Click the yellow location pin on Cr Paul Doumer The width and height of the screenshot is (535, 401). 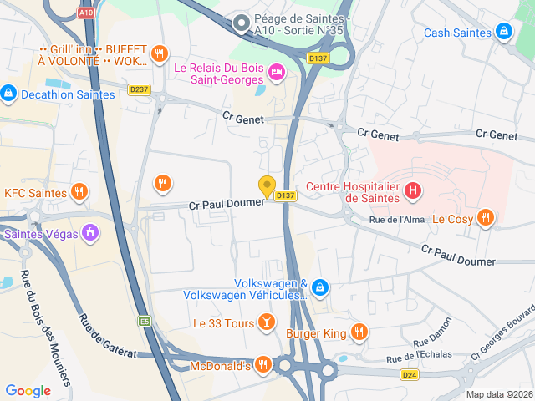pos(267,187)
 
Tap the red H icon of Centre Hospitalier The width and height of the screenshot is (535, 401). pos(412,191)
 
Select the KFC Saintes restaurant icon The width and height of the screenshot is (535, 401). pos(79,192)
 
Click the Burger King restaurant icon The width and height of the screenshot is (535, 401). pos(359,332)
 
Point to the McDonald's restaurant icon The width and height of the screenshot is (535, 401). pos(263,364)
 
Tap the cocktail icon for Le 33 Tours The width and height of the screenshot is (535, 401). pos(265,322)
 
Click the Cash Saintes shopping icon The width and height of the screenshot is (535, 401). pos(503,33)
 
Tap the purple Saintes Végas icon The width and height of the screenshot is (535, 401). pos(92,233)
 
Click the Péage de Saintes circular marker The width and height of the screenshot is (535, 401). pos(242,23)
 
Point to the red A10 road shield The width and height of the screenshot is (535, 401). pos(85,13)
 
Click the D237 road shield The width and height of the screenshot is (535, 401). pos(139,89)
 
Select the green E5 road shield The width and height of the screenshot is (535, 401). pos(145,321)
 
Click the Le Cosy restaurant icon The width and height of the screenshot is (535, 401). pos(485,219)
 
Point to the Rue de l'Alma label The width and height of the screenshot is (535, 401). pos(397,220)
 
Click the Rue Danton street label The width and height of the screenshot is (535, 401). pos(433,332)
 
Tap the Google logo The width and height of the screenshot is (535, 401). pos(28,390)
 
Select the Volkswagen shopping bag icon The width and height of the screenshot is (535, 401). pos(321,289)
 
